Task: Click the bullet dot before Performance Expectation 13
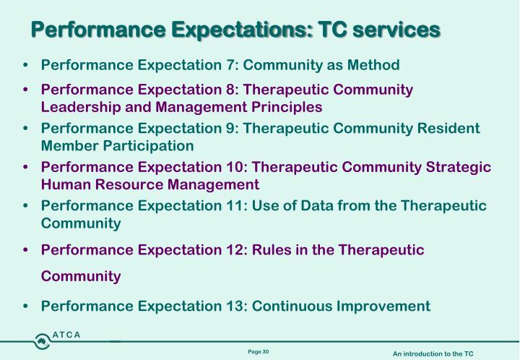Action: (x=27, y=307)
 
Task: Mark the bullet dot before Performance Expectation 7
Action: (x=27, y=67)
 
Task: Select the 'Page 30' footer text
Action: (x=258, y=351)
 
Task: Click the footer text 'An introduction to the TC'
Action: (x=433, y=353)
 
